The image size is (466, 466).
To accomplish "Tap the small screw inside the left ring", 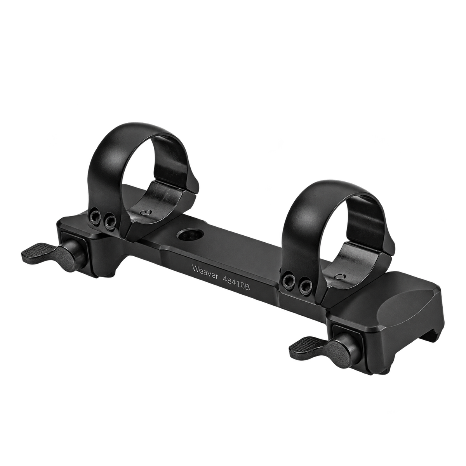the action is tap(146, 212).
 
